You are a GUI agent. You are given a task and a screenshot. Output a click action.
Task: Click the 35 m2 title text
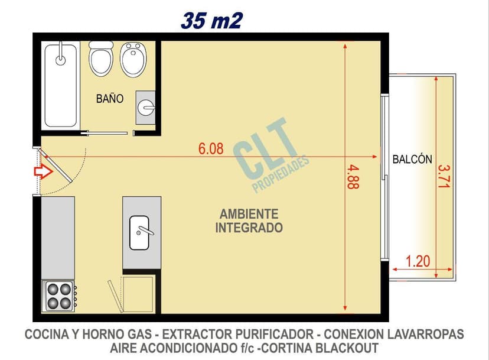coord(211,21)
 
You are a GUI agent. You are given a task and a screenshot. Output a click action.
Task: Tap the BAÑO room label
coord(110,99)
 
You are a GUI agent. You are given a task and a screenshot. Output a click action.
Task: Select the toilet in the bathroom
coord(101,59)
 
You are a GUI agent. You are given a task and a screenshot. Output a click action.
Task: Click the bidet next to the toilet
coord(133,59)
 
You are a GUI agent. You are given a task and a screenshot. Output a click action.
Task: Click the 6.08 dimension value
coord(211,149)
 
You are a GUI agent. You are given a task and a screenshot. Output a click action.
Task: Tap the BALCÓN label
coord(412,159)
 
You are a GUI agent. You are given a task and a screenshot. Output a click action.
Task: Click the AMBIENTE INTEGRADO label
coord(249,220)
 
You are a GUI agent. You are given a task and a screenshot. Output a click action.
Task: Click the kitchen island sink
coord(141,232)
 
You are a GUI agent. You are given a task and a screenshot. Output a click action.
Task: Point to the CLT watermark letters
coord(265,153)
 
